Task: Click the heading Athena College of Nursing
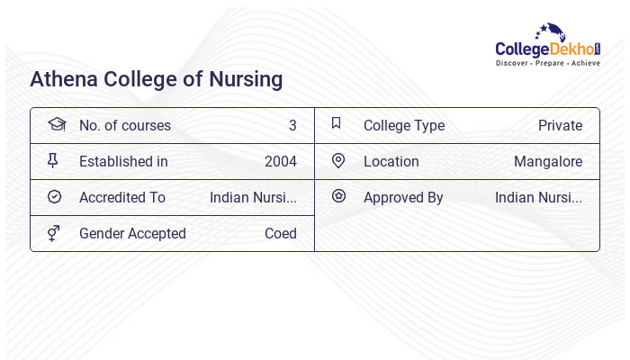pyautogui.click(x=157, y=79)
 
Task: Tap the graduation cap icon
pyautogui.click(x=57, y=124)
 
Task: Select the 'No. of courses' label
pyautogui.click(x=124, y=125)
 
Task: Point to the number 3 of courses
pyautogui.click(x=292, y=125)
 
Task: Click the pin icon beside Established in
pyautogui.click(x=53, y=160)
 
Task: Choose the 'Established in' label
pyautogui.click(x=123, y=161)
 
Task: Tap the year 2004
pyautogui.click(x=281, y=161)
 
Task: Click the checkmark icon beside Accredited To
pyautogui.click(x=54, y=196)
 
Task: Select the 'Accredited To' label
pyautogui.click(x=122, y=197)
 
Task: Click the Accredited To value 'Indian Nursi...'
pyautogui.click(x=253, y=197)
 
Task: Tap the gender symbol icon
pyautogui.click(x=54, y=233)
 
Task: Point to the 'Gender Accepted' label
pyautogui.click(x=132, y=233)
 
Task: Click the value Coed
pyautogui.click(x=281, y=233)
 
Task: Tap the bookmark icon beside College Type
pyautogui.click(x=337, y=123)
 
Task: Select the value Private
pyautogui.click(x=560, y=125)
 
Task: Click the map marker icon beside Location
pyautogui.click(x=338, y=160)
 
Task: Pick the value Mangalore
pyautogui.click(x=548, y=161)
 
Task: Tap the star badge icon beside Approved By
pyautogui.click(x=338, y=195)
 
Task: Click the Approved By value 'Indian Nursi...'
pyautogui.click(x=538, y=197)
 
